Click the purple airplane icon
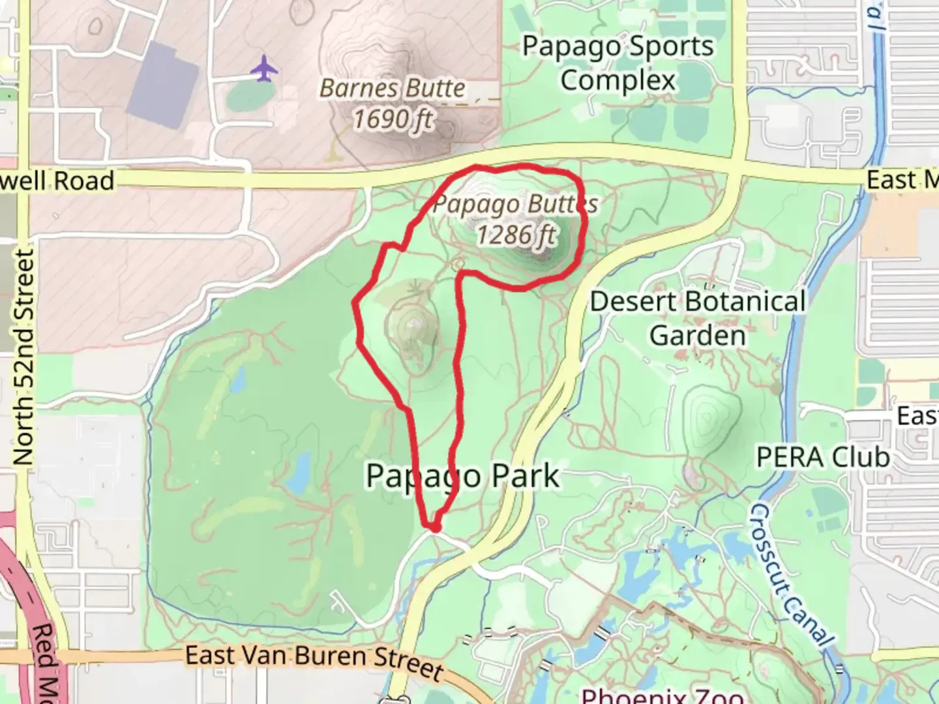click(263, 68)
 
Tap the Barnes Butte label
click(393, 88)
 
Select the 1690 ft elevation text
click(393, 119)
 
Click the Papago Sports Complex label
click(618, 64)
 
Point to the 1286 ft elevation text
click(516, 235)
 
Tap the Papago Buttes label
click(515, 204)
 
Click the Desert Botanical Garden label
click(698, 318)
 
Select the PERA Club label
click(823, 458)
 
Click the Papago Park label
click(462, 476)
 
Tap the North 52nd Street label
click(23, 357)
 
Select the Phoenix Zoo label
click(662, 695)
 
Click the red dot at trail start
click(434, 525)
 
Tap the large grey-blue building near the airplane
click(162, 85)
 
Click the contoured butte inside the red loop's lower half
click(412, 332)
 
